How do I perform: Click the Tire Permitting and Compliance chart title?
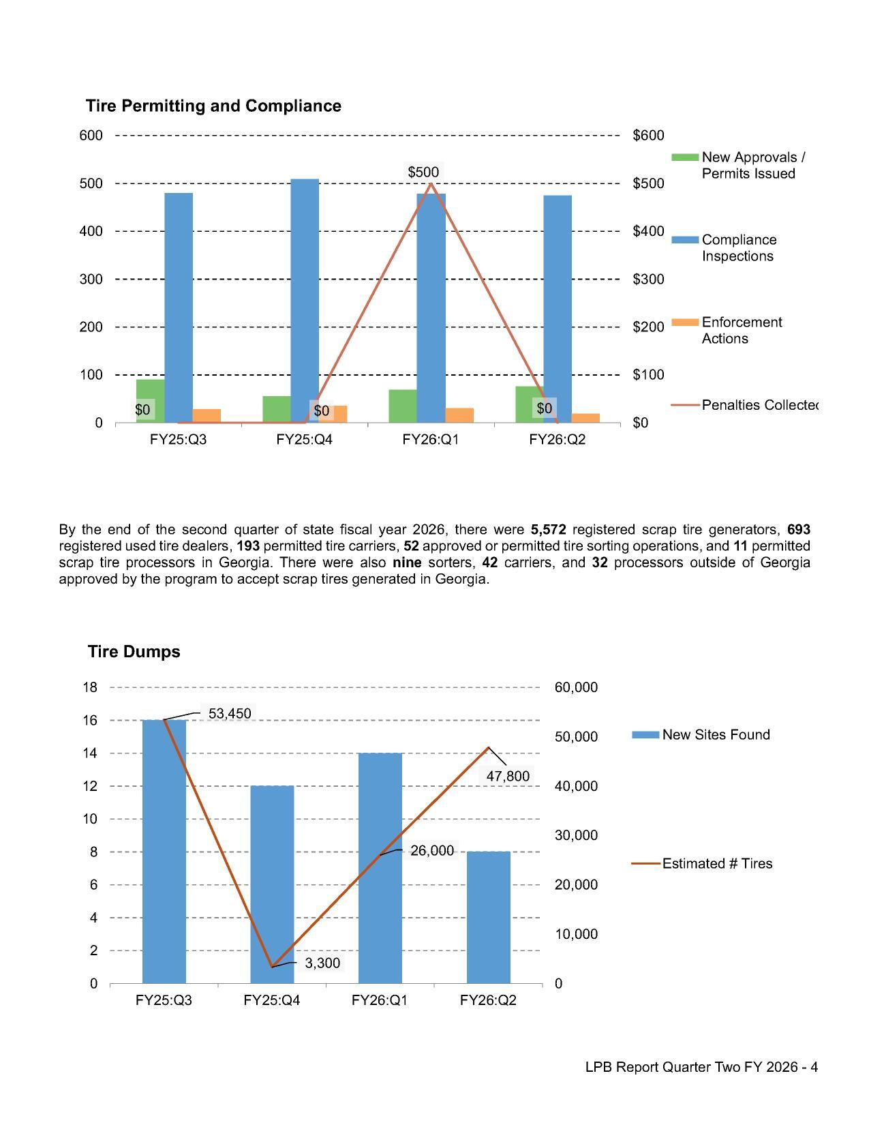click(x=213, y=106)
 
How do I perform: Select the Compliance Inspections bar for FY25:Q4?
click(x=305, y=300)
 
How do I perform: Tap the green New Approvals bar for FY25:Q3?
click(x=150, y=392)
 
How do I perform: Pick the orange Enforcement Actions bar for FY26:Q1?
click(x=459, y=415)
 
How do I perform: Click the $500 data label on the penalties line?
click(x=423, y=172)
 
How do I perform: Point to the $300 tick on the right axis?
click(x=648, y=279)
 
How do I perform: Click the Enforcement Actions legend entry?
click(x=741, y=330)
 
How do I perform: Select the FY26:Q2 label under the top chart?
click(x=557, y=440)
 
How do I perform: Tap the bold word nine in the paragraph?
click(x=407, y=562)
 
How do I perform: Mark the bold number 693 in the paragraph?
click(x=798, y=530)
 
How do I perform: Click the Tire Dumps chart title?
click(x=134, y=651)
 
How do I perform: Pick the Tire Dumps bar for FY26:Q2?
click(x=489, y=917)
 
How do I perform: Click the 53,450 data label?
click(x=230, y=713)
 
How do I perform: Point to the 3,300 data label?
click(x=322, y=963)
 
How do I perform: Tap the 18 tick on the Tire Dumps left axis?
click(x=90, y=687)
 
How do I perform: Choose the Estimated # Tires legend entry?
click(x=717, y=864)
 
